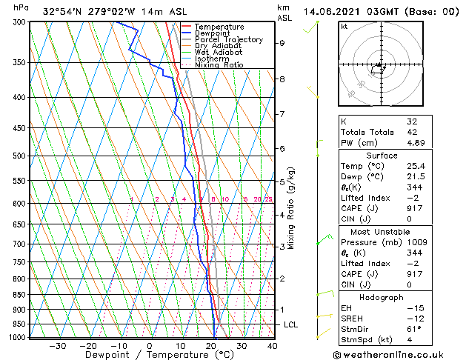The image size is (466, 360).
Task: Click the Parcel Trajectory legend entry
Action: click(228, 39)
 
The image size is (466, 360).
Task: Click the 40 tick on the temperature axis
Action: click(272, 345)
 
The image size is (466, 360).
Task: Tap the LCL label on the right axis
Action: click(291, 324)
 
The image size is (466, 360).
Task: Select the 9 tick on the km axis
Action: click(282, 43)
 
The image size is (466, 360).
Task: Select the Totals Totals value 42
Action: click(412, 132)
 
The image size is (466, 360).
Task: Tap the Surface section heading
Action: click(382, 156)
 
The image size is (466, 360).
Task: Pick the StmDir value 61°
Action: click(413, 329)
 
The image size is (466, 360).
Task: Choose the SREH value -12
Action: click(413, 319)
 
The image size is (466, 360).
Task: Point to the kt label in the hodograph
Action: click(344, 26)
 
